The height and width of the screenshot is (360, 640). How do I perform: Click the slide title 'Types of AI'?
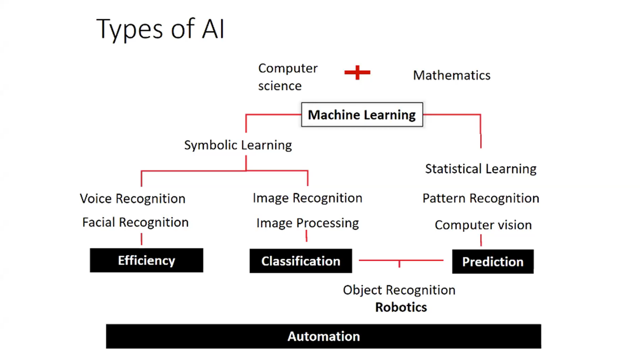coord(161,29)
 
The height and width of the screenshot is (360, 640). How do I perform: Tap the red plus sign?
coord(357,73)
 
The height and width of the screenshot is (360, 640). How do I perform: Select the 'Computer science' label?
coord(287,77)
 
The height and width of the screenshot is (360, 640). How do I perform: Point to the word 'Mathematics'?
coord(451,75)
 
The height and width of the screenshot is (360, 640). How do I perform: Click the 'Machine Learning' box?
coord(362,115)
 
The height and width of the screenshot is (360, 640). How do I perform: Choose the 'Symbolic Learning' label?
coord(238,145)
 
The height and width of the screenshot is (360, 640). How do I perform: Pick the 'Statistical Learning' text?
coord(481,169)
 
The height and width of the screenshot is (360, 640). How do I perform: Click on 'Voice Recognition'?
coord(132,199)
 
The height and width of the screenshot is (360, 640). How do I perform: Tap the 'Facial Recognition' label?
coord(135,222)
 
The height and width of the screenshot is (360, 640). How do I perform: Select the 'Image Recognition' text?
coord(307,198)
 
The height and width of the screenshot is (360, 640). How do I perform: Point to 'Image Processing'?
coord(307,223)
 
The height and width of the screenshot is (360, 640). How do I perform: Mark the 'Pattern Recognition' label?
coord(481,198)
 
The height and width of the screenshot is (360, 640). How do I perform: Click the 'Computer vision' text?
coord(483,225)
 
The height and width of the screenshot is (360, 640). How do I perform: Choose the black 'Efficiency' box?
coord(146,260)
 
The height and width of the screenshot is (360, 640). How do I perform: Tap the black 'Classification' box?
coord(300,261)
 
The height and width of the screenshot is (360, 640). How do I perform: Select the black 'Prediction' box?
coord(492,262)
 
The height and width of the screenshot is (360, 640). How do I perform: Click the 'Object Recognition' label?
coord(399,290)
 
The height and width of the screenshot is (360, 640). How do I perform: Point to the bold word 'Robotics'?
coord(401,307)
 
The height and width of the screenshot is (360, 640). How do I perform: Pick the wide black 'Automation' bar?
coord(323,337)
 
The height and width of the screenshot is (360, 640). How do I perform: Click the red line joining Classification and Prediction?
coord(379,260)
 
